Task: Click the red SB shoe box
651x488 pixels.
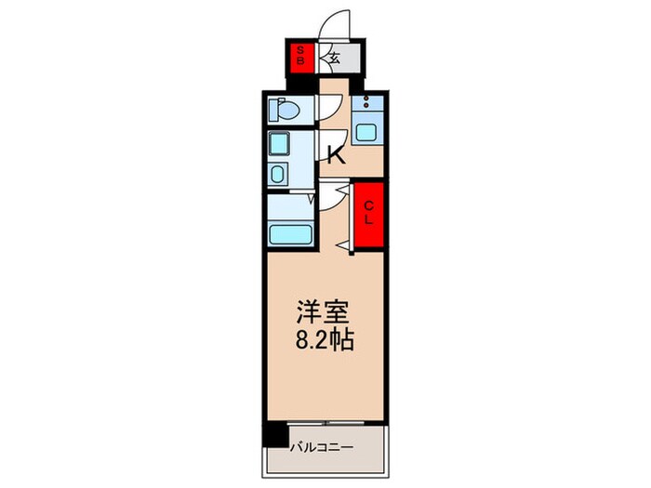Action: tap(299, 57)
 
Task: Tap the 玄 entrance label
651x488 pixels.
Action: tap(334, 59)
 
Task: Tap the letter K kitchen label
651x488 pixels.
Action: tap(336, 154)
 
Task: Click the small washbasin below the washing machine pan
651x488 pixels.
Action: tap(278, 174)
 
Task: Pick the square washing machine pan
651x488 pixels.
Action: tap(278, 145)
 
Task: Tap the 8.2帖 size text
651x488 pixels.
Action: tap(325, 341)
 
